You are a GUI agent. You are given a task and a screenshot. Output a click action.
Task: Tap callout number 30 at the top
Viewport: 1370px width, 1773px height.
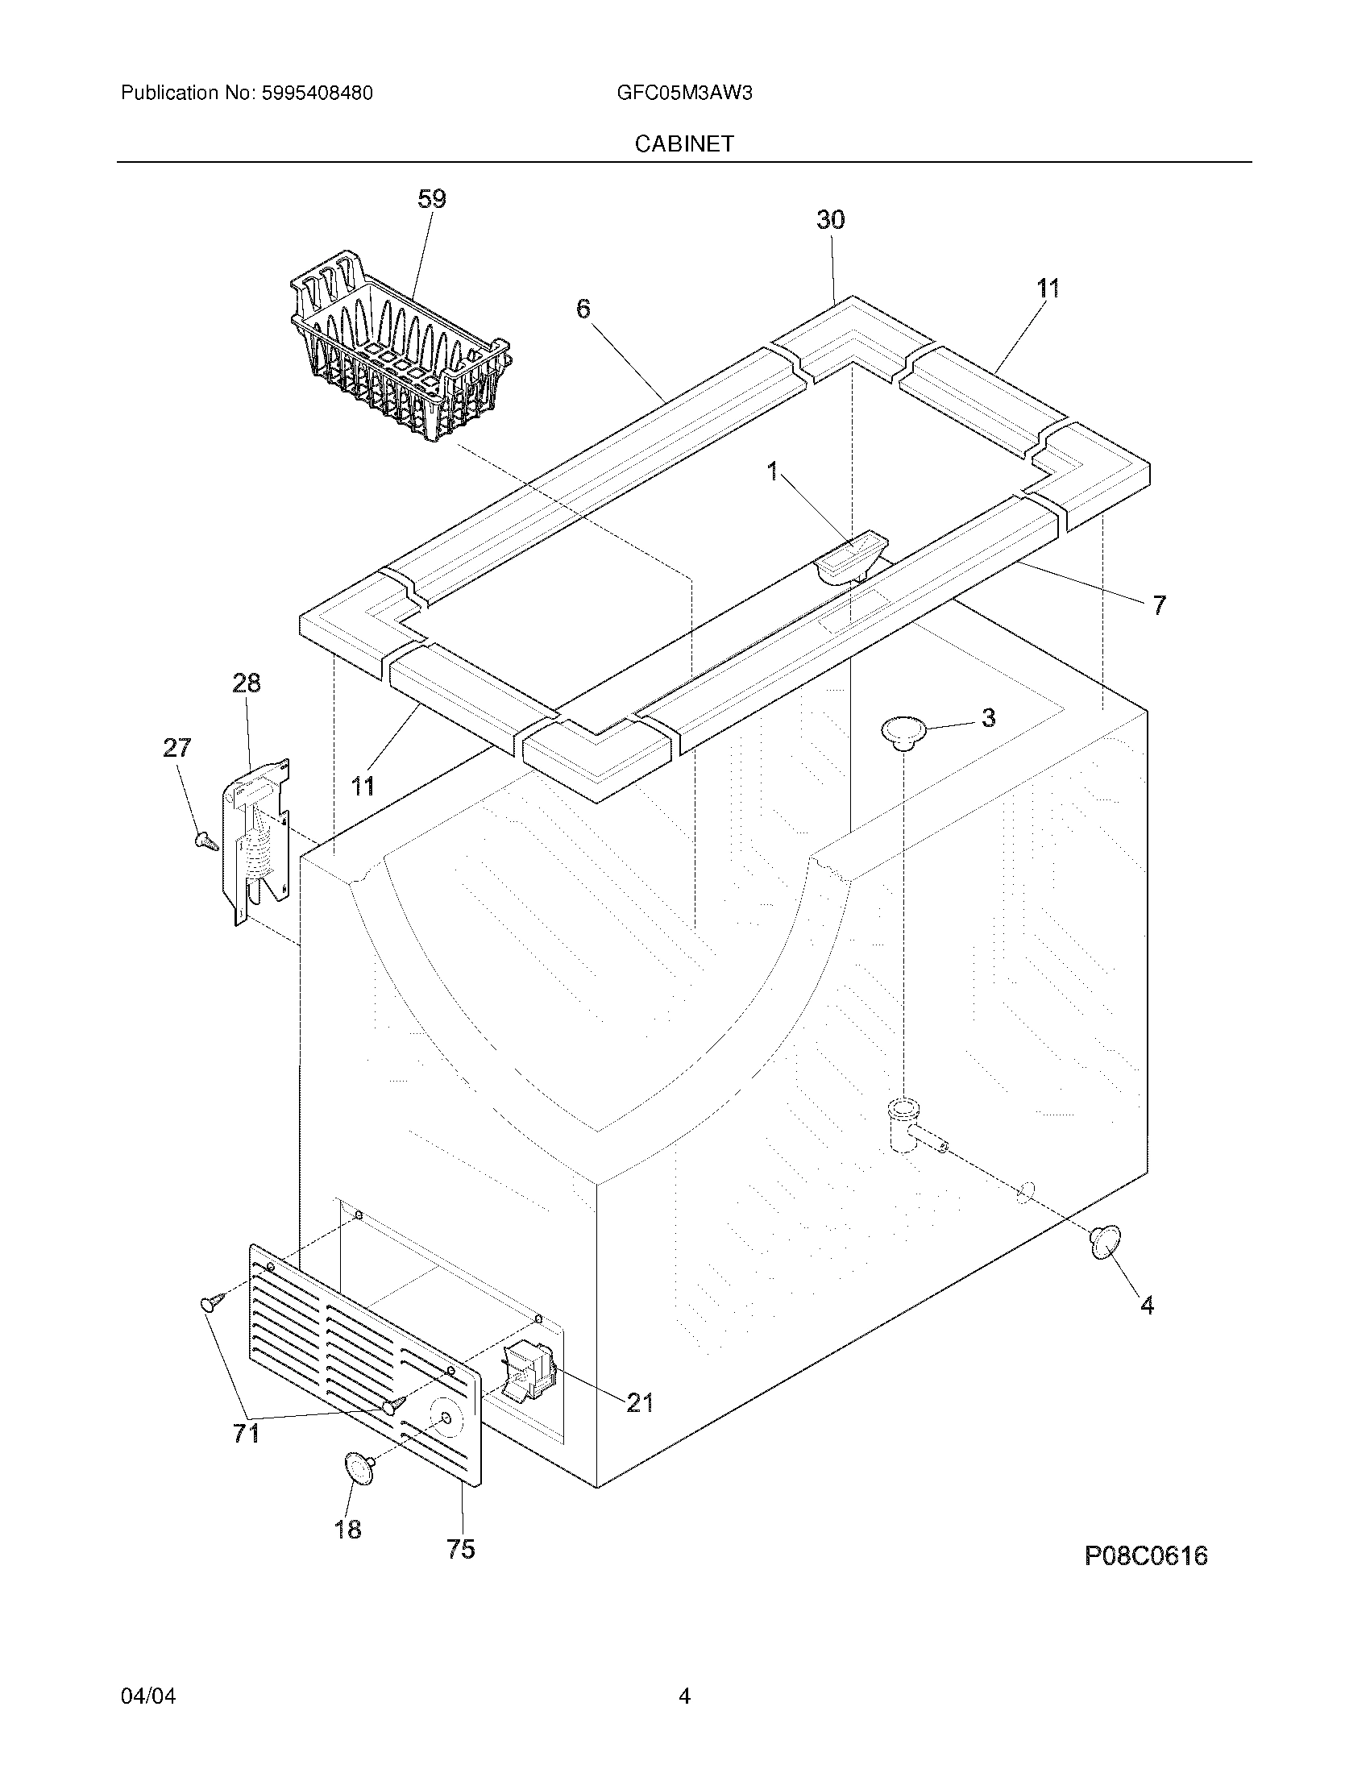(x=830, y=220)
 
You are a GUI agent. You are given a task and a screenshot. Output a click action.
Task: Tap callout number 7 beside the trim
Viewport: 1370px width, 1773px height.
(x=1159, y=604)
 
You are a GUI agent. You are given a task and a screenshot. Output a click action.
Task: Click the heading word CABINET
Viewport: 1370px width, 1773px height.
(x=684, y=143)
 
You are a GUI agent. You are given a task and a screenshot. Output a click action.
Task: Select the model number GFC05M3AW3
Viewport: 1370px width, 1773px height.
(x=684, y=93)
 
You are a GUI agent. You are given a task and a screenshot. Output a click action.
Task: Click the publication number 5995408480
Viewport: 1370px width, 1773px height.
(x=317, y=93)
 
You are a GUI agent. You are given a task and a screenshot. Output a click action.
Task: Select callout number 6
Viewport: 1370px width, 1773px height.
(x=583, y=309)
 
